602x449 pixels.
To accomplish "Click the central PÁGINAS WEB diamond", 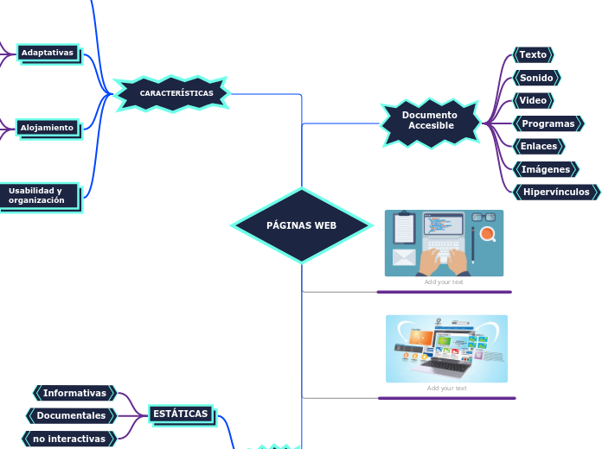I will pos(301,225).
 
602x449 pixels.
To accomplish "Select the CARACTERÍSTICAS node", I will pos(176,92).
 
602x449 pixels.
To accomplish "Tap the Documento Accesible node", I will pos(430,121).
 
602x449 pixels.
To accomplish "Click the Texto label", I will pos(533,54).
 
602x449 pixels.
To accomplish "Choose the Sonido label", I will pos(536,78).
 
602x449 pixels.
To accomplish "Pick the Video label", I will pos(533,101).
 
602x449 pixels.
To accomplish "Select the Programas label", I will pos(548,123).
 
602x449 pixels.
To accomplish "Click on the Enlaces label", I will pos(538,146).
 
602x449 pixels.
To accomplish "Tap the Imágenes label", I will pos(545,169).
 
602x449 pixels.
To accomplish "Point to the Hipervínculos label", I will pos(555,192).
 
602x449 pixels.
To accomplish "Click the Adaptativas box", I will pos(48,53).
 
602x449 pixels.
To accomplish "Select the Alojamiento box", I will pos(48,128).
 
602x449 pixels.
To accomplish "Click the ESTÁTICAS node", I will pos(180,414).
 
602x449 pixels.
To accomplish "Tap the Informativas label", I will pos(74,393).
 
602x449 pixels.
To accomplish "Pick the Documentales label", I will pos(71,415).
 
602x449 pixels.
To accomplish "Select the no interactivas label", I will pos(69,439).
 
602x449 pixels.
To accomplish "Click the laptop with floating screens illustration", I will pos(446,349).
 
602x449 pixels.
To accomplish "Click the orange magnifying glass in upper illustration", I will pos(488,234).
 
